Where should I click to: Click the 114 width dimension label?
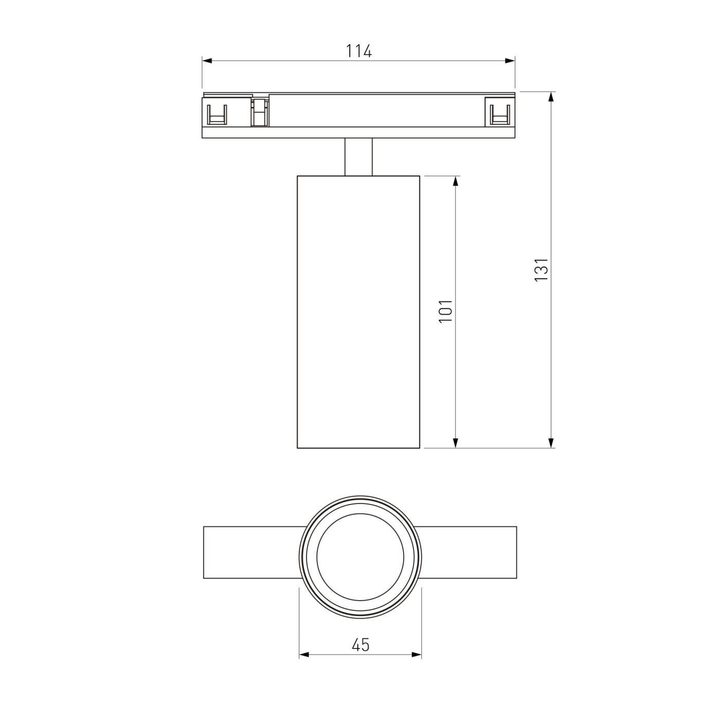[358, 51]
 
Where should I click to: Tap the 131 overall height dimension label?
[542, 269]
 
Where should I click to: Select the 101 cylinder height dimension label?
[445, 311]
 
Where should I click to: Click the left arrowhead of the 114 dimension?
[207, 61]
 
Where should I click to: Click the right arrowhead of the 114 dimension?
[510, 61]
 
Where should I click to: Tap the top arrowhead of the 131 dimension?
[551, 97]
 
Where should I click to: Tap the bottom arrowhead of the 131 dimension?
[551, 442]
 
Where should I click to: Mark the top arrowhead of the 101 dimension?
[456, 181]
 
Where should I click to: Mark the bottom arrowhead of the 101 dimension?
[456, 442]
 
